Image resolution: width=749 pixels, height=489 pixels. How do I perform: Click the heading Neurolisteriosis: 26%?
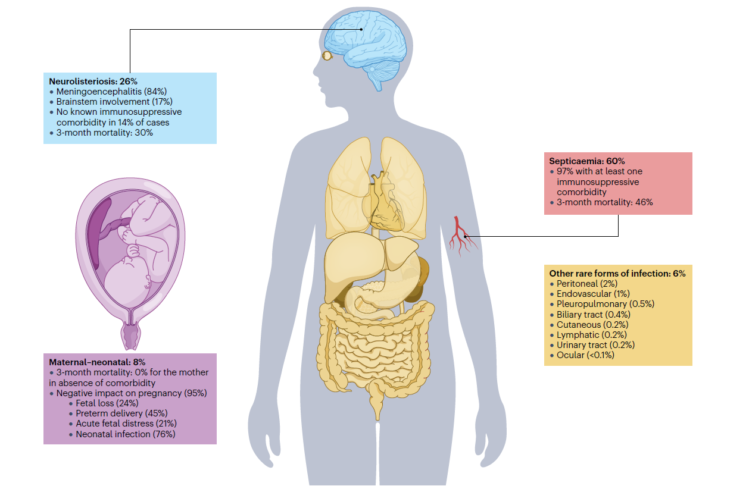(x=93, y=81)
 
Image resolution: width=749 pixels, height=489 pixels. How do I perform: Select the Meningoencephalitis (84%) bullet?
(x=111, y=92)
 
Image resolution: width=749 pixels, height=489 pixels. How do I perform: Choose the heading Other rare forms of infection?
(x=617, y=273)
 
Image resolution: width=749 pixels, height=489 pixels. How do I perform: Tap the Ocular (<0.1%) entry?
(x=585, y=355)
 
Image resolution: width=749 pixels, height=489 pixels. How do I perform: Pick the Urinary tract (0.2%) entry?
(x=595, y=345)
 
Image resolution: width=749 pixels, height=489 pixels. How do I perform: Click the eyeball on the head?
(x=327, y=56)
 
